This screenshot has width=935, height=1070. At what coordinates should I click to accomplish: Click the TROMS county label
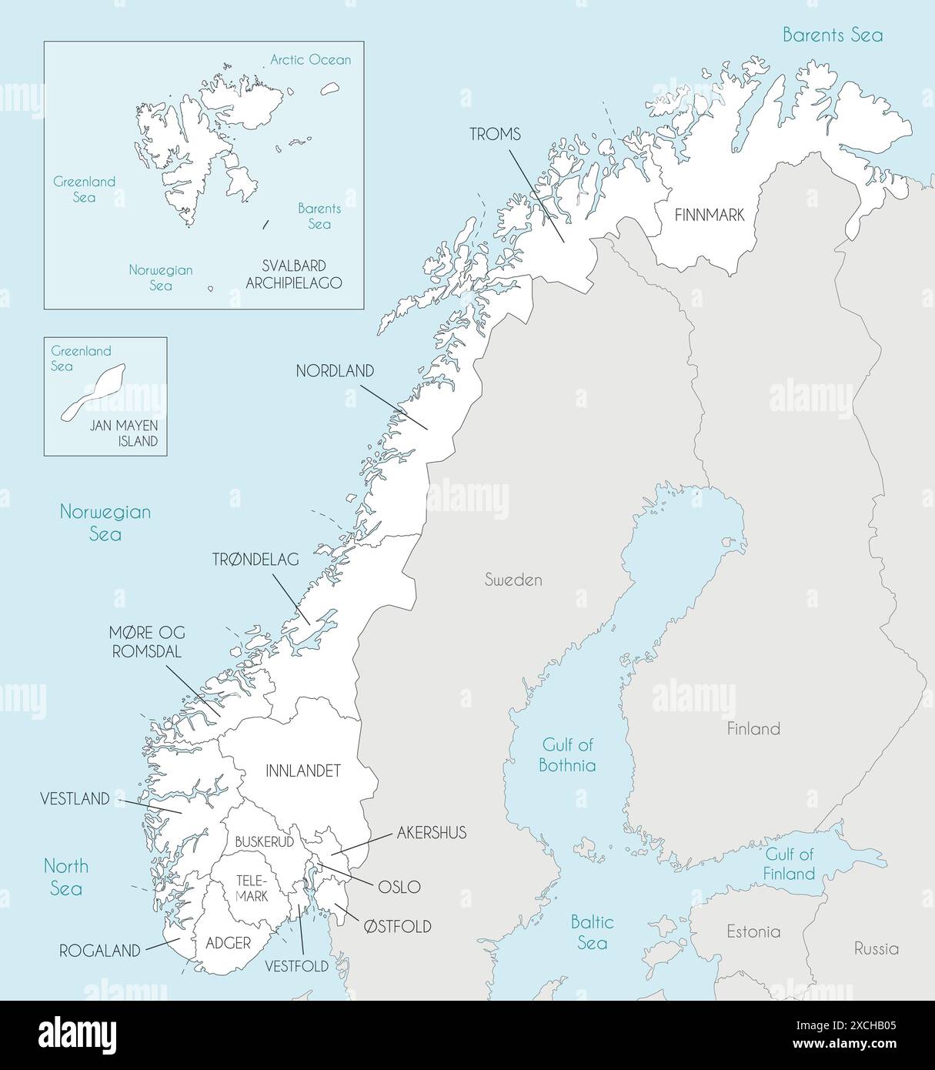click(495, 135)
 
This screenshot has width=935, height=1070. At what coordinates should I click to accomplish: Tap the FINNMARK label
click(709, 216)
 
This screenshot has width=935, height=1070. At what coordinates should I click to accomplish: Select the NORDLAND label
click(335, 371)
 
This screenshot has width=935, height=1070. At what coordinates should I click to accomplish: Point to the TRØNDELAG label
click(255, 560)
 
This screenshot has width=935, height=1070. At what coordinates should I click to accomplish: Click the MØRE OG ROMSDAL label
click(146, 642)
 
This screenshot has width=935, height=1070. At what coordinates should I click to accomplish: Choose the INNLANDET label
click(302, 771)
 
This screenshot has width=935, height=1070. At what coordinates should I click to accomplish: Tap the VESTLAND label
click(75, 799)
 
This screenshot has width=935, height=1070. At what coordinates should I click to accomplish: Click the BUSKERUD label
click(264, 842)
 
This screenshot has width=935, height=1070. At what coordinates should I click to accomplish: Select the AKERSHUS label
click(432, 833)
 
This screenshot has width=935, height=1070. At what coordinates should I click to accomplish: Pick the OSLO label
click(399, 887)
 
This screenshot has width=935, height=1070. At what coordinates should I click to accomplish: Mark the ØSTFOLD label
click(397, 926)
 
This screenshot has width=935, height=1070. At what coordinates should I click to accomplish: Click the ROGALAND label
click(100, 951)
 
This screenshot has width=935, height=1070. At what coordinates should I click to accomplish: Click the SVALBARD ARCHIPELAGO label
click(293, 274)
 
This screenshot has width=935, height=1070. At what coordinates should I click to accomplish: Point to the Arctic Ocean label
click(310, 60)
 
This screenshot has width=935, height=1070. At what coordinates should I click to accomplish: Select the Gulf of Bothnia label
click(567, 755)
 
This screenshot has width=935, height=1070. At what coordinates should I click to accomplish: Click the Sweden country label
click(513, 580)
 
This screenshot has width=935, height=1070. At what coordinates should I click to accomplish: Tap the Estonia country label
click(753, 931)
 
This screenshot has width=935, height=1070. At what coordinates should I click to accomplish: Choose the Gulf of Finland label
click(790, 864)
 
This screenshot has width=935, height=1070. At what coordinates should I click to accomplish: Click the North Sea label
click(65, 878)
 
